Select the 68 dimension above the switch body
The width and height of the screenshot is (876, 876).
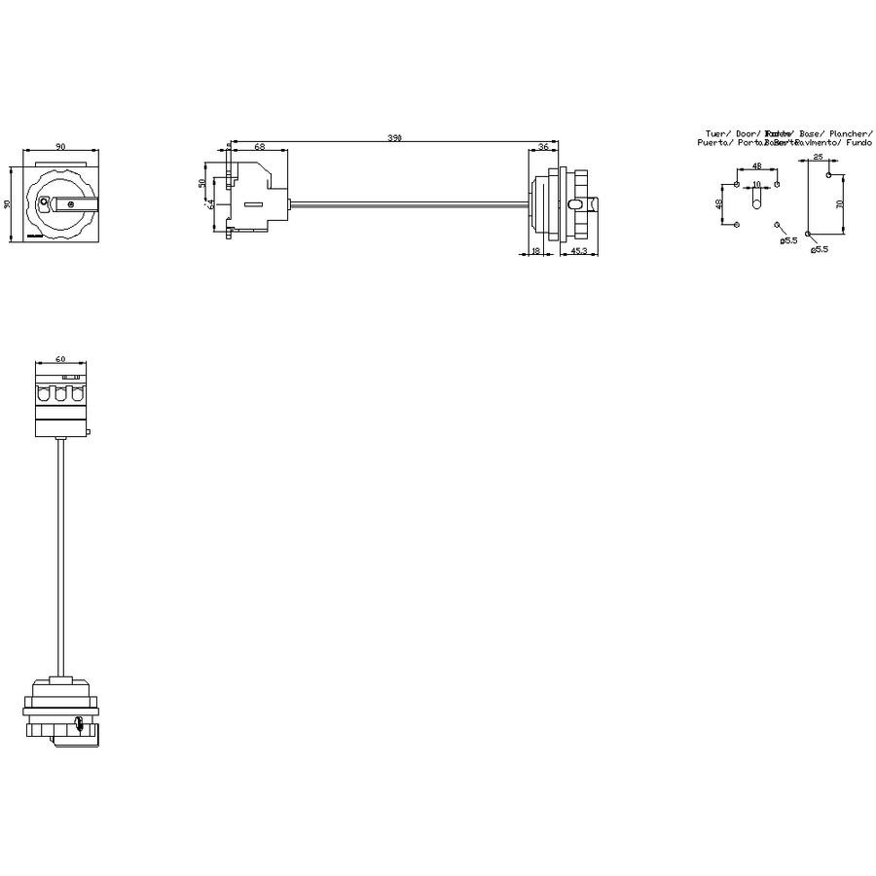(x=259, y=146)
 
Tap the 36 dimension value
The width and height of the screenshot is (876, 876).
(x=542, y=146)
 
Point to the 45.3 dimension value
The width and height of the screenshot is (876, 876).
(x=577, y=252)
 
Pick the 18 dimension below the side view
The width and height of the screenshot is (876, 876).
(x=536, y=252)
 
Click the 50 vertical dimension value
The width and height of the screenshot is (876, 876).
(x=202, y=183)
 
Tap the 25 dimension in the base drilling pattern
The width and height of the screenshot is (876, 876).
(x=818, y=157)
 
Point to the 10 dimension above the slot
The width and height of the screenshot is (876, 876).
(x=757, y=183)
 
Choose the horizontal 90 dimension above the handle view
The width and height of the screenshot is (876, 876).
(x=60, y=146)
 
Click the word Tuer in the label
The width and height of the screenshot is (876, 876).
(x=715, y=132)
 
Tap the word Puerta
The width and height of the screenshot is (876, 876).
(x=713, y=142)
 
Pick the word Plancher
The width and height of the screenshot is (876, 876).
(x=850, y=132)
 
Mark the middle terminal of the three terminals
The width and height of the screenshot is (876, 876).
(x=60, y=395)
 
